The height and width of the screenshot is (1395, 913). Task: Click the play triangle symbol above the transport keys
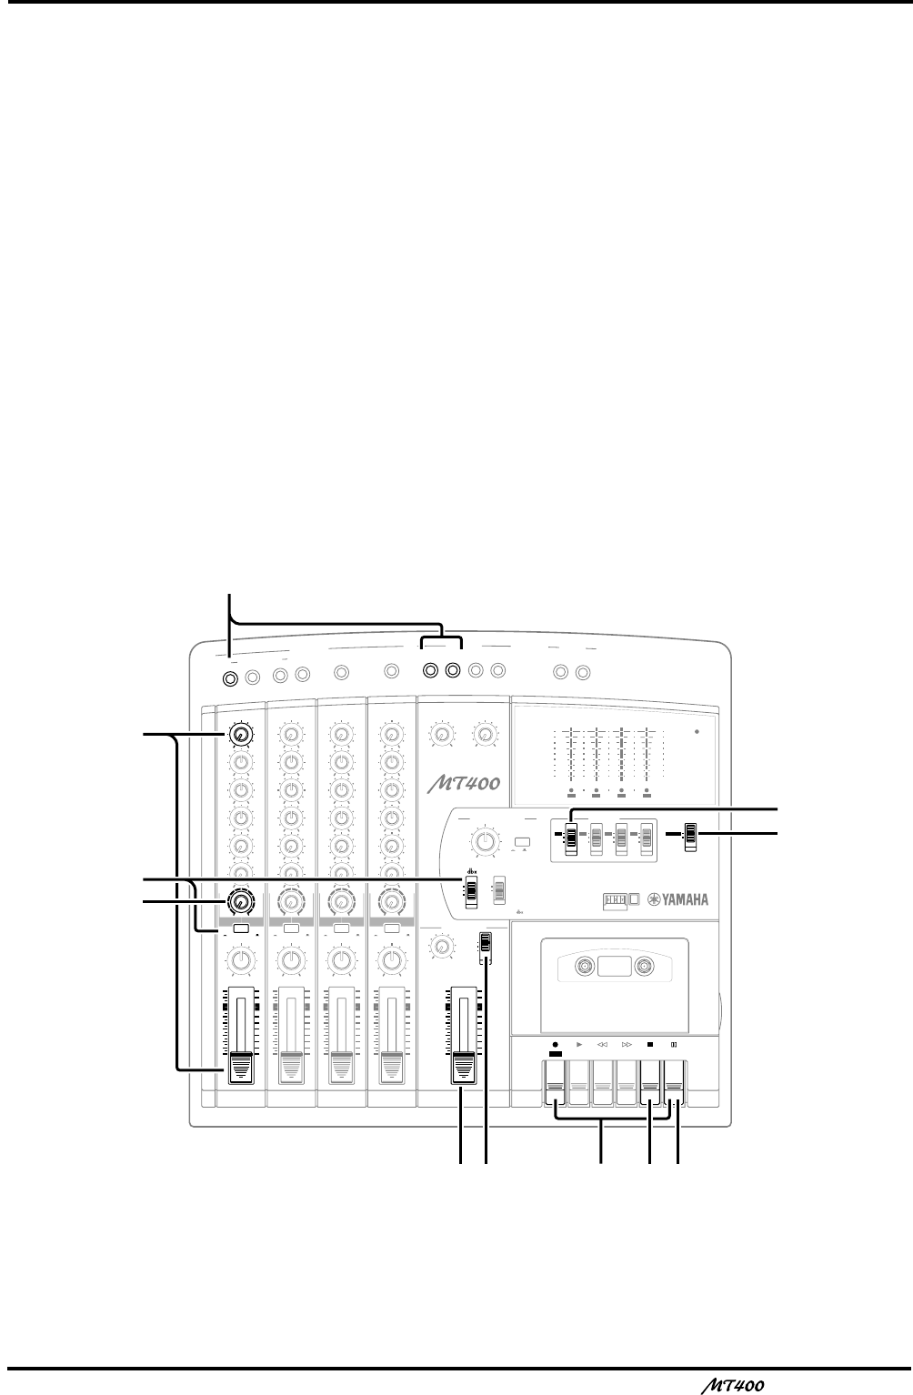[x=578, y=1046]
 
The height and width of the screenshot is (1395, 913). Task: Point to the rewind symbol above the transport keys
[x=602, y=1046]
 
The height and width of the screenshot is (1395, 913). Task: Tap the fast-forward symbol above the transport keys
[x=627, y=1046]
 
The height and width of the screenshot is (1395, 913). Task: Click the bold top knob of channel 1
[x=240, y=734]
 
